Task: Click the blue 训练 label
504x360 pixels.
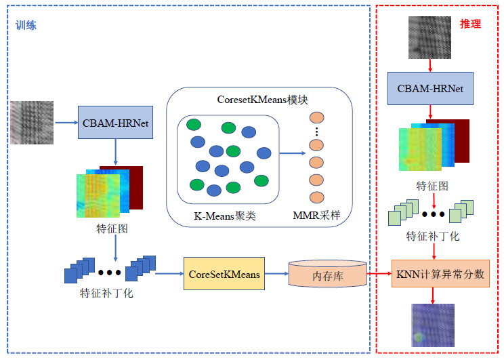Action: (26, 26)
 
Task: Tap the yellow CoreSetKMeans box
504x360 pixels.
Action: (223, 274)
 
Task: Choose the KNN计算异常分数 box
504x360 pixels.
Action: (440, 274)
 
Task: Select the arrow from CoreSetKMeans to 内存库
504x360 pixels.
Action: (275, 274)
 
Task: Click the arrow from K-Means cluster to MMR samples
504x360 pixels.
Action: (292, 153)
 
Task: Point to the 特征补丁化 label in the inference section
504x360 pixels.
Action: (433, 237)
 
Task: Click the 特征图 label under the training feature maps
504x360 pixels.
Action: (112, 228)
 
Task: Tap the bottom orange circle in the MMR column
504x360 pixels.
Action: (316, 197)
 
